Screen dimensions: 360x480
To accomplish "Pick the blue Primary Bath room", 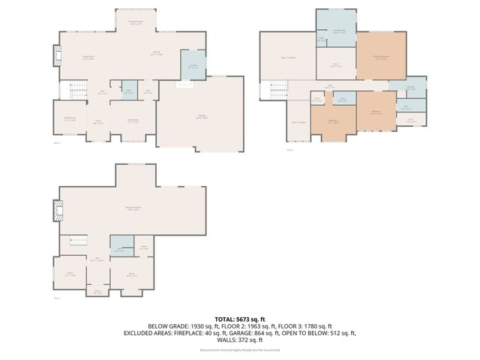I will (x=334, y=28).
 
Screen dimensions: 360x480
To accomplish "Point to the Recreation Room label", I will (x=136, y=208).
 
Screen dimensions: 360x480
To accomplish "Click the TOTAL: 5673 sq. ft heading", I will (x=240, y=319).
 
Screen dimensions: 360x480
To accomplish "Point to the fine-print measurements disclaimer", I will (x=240, y=349).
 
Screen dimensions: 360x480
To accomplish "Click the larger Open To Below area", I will (x=287, y=56).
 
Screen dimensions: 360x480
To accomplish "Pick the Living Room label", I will (x=88, y=57).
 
